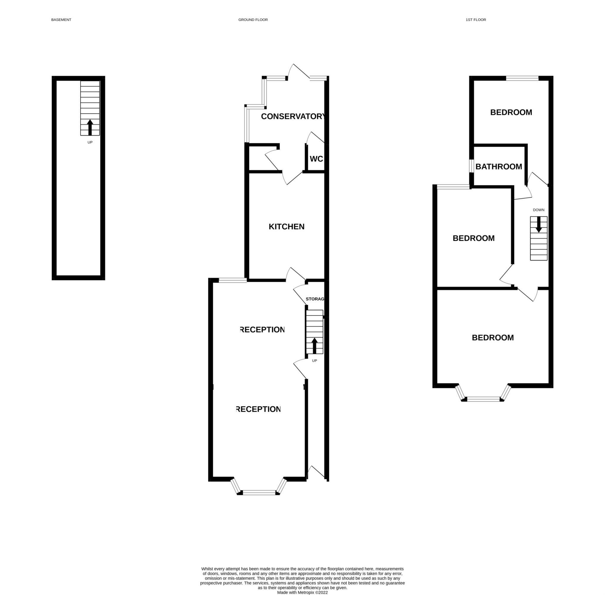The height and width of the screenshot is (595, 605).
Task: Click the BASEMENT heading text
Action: tap(61, 20)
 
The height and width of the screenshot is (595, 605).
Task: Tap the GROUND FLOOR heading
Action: tap(253, 20)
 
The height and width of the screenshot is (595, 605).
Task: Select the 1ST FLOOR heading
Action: tap(476, 20)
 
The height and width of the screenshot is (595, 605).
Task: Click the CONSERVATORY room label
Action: tap(293, 117)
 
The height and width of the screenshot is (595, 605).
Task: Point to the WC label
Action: tap(316, 159)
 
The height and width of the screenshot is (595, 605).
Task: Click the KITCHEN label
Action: tap(287, 227)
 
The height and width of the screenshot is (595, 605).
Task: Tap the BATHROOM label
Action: tap(499, 167)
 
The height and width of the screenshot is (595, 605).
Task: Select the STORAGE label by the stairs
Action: tap(315, 299)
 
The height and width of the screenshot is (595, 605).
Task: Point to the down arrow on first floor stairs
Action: tap(539, 224)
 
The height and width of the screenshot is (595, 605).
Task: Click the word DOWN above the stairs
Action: tap(539, 210)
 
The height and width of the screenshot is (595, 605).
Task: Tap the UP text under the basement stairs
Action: tap(90, 142)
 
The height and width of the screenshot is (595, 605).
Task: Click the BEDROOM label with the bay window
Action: tap(493, 337)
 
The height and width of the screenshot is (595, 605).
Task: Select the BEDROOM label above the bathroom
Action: tap(511, 112)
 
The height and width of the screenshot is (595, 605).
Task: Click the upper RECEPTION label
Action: tap(263, 330)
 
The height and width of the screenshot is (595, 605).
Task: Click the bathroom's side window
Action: tap(471, 166)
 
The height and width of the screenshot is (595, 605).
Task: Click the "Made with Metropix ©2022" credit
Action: tap(302, 592)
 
